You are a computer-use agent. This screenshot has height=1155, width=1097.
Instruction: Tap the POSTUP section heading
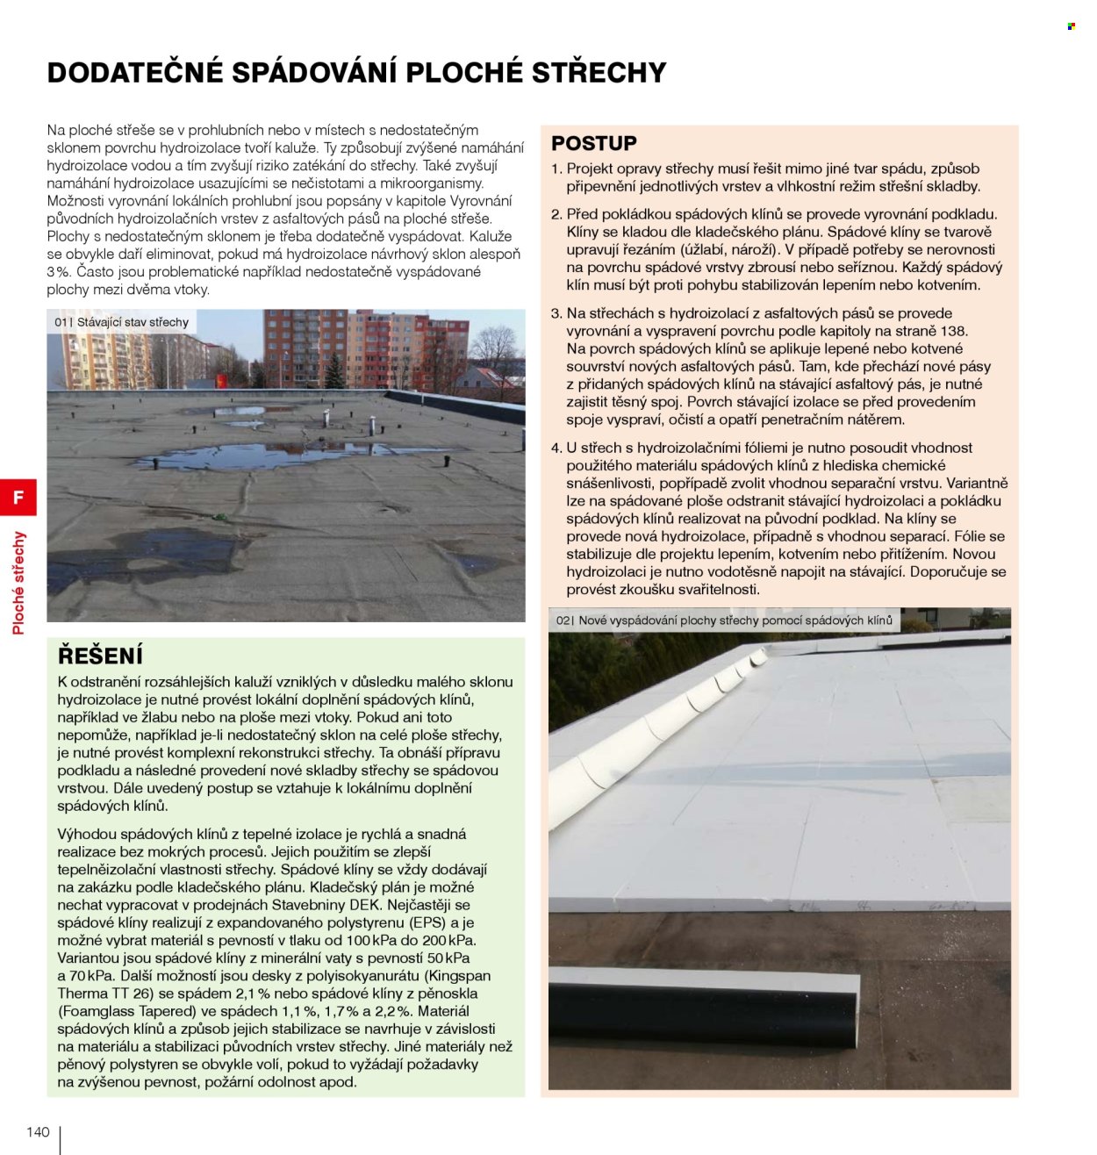click(x=593, y=143)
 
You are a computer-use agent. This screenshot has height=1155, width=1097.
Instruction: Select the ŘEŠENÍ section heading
click(x=100, y=656)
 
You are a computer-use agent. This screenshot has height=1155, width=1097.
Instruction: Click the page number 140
click(x=38, y=1132)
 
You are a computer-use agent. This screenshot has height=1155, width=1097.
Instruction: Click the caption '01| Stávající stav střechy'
click(x=121, y=322)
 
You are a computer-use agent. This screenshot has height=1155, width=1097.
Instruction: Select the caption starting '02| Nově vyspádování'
click(x=724, y=621)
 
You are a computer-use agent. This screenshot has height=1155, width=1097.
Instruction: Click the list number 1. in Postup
click(x=556, y=169)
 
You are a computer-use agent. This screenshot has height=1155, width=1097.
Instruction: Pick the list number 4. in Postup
click(x=556, y=448)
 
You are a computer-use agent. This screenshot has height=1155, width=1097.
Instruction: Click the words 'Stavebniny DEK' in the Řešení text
click(x=335, y=905)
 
